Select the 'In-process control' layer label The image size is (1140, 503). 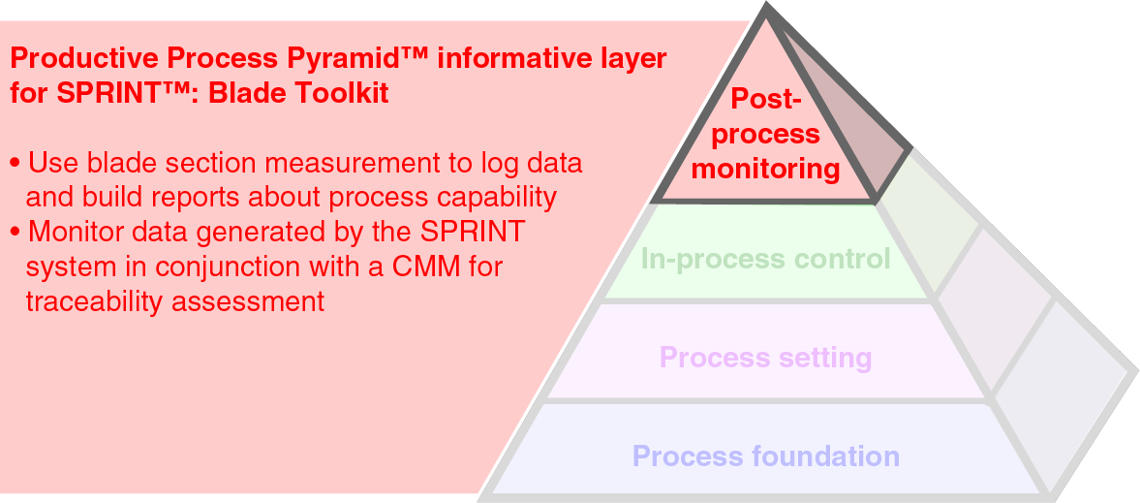[765, 259]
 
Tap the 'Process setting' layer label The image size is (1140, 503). [765, 358]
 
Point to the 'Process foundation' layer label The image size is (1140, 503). [765, 456]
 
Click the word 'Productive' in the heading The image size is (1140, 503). [76, 58]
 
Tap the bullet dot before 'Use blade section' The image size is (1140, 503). [15, 162]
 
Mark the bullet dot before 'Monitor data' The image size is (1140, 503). [15, 233]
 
